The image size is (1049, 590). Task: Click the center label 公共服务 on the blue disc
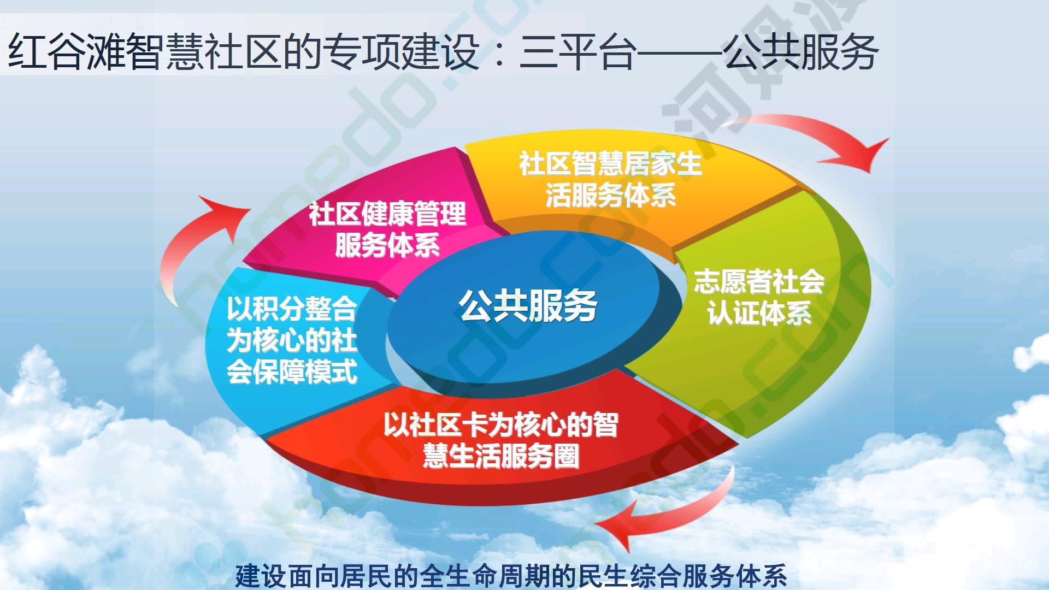(x=528, y=305)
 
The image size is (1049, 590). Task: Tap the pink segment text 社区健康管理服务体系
(x=387, y=229)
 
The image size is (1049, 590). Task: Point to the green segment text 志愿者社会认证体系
(x=759, y=297)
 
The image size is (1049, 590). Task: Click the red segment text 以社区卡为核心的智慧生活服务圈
(x=500, y=440)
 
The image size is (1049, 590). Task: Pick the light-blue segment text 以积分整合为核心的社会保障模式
(x=292, y=340)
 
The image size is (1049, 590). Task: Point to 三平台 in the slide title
(x=577, y=52)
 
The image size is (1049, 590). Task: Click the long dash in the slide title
(x=680, y=53)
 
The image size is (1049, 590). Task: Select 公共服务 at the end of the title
(x=800, y=52)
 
